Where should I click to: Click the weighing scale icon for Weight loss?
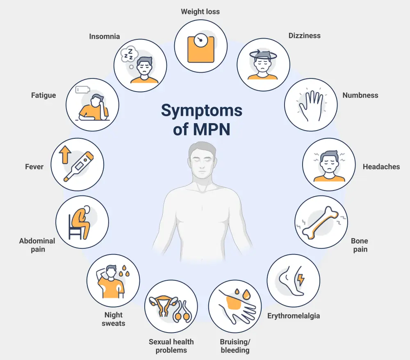point(200,48)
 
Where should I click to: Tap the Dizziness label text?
point(304,36)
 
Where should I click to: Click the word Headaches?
point(381,167)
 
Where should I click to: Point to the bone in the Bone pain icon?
point(321,222)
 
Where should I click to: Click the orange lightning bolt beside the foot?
point(301,280)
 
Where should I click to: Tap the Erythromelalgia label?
point(293,316)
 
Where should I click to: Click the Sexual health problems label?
point(171,346)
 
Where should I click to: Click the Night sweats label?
point(114,319)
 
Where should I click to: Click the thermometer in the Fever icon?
point(79,166)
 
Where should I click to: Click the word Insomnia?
point(105,37)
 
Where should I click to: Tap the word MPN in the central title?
point(210,129)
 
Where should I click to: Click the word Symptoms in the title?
point(201,110)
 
